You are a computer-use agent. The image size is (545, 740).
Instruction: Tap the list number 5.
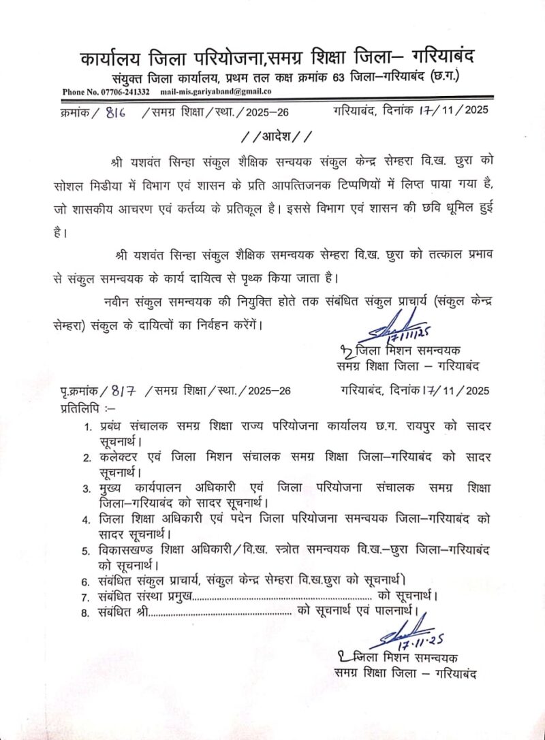[x=87, y=550]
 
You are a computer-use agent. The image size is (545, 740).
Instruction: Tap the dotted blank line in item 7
[x=278, y=597]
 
